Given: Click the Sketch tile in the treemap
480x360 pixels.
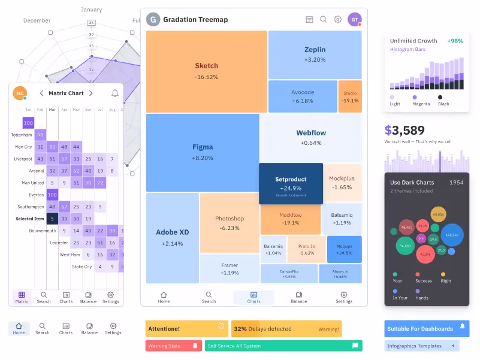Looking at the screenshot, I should click(206, 71).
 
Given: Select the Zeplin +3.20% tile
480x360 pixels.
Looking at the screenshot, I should click(315, 54).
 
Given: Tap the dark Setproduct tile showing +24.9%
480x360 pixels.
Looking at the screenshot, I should click(291, 183).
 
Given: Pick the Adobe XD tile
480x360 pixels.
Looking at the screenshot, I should click(172, 237).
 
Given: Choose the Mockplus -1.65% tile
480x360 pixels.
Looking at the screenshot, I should click(342, 183).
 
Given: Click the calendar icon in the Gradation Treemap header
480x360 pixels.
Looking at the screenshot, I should click(309, 19).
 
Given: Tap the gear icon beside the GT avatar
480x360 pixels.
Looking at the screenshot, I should click(337, 19).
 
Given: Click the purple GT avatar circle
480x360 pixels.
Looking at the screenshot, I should click(355, 20).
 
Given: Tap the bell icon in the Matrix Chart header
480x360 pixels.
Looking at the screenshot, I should click(114, 93).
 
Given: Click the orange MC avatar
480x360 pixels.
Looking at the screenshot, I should click(20, 93).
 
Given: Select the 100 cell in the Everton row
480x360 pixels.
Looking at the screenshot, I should click(52, 195).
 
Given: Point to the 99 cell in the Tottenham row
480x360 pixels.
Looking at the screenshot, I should click(40, 135).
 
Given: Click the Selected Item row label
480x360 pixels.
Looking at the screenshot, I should click(29, 219).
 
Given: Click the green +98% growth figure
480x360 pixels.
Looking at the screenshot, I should click(455, 41).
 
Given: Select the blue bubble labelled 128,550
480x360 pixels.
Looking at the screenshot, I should click(452, 235).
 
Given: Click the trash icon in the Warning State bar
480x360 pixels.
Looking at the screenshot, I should click(195, 346).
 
